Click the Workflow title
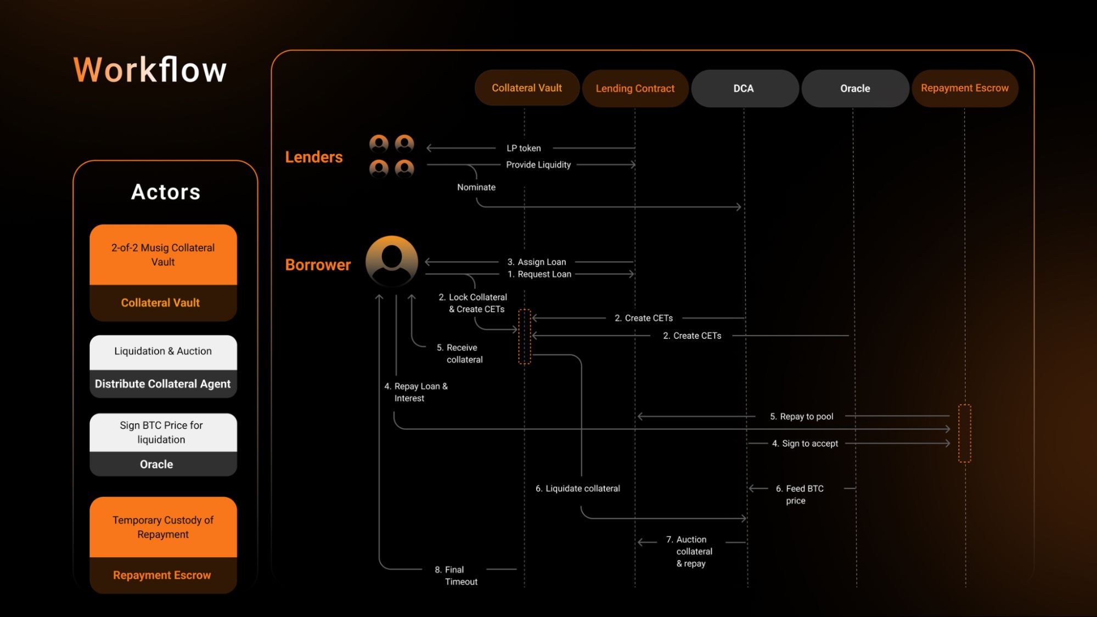pyautogui.click(x=150, y=70)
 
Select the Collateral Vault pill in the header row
pyautogui.click(x=527, y=88)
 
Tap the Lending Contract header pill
pyautogui.click(x=635, y=88)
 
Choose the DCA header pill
pyautogui.click(x=744, y=88)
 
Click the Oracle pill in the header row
pyautogui.click(x=855, y=88)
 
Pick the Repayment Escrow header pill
pyautogui.click(x=964, y=88)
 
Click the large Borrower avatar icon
pyautogui.click(x=392, y=261)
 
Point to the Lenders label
pyautogui.click(x=314, y=157)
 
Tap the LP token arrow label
pyautogui.click(x=524, y=148)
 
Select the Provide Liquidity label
pyautogui.click(x=538, y=165)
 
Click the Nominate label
pyautogui.click(x=476, y=187)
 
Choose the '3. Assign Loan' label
pyautogui.click(x=537, y=262)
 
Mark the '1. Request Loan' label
pyautogui.click(x=539, y=274)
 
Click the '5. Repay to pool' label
pyautogui.click(x=801, y=416)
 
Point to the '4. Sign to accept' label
pyautogui.click(x=805, y=443)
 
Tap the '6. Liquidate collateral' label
pyautogui.click(x=578, y=488)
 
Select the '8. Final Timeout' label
pyautogui.click(x=456, y=575)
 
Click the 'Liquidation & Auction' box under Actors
pyautogui.click(x=163, y=352)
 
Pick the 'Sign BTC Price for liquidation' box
pyautogui.click(x=161, y=432)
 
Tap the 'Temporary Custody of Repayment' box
pyautogui.click(x=163, y=527)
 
